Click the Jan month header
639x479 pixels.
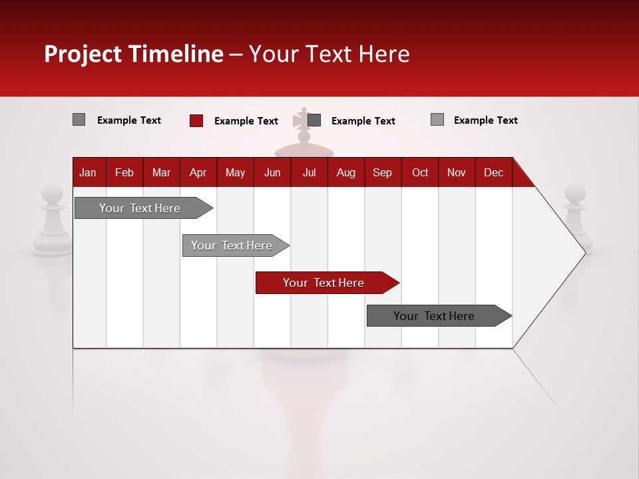click(88, 172)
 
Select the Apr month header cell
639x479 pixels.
click(198, 172)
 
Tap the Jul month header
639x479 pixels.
click(309, 172)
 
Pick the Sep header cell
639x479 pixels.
click(382, 172)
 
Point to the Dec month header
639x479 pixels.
click(493, 172)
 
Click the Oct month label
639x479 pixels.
click(420, 172)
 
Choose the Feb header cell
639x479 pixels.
click(124, 172)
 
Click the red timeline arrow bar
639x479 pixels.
click(326, 283)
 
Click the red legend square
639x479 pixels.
click(196, 120)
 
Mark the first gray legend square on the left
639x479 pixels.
click(79, 120)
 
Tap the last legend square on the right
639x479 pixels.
click(437, 120)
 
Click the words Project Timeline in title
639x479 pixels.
click(133, 54)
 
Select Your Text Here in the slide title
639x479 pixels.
click(329, 54)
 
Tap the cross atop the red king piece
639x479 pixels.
click(304, 118)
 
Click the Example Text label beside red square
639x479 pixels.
click(246, 121)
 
